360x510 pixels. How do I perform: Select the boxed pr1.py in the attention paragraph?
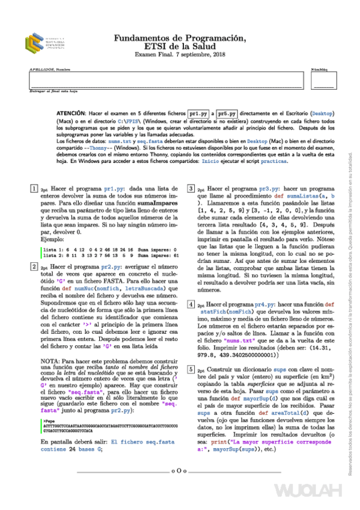coord(198,113)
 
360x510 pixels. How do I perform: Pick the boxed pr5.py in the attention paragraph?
coord(227,113)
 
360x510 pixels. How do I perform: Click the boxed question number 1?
coord(33,189)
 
